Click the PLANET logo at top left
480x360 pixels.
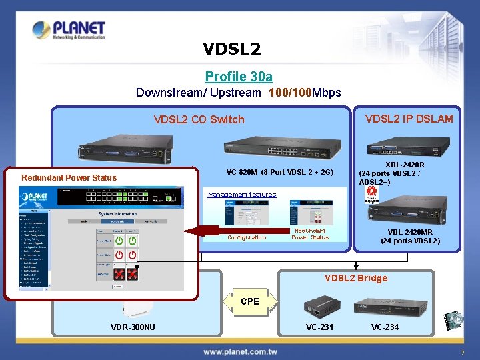[x=69, y=31]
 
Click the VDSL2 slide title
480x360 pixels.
[x=231, y=49]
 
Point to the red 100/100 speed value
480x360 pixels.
[x=291, y=93]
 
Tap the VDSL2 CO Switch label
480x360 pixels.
[x=199, y=120]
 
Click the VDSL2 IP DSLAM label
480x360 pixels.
[x=409, y=119]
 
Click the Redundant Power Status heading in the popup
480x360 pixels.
[x=69, y=178]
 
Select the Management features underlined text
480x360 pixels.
[x=241, y=195]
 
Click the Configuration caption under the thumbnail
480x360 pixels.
[x=246, y=237]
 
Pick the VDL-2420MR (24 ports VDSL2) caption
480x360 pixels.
[x=410, y=237]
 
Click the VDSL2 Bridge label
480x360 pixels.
[x=355, y=278]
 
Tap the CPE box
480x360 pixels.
[x=249, y=301]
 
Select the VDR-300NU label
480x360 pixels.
[x=133, y=327]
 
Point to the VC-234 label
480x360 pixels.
[x=385, y=327]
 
